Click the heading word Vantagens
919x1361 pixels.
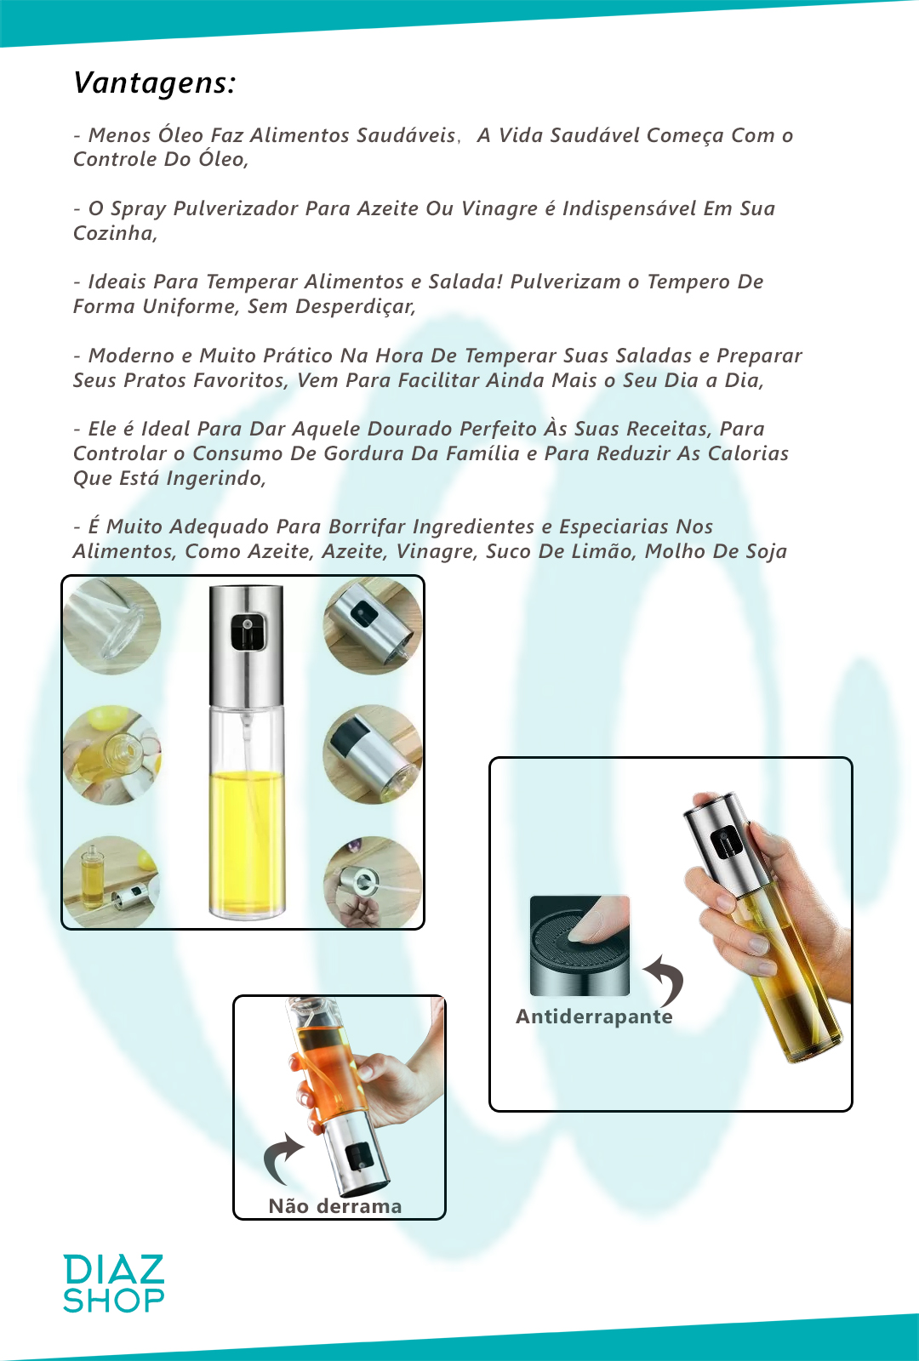pyautogui.click(x=154, y=83)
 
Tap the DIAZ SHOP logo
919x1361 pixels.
pyautogui.click(x=114, y=1283)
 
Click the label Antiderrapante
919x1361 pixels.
pyautogui.click(x=594, y=1016)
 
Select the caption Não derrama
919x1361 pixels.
pyautogui.click(x=335, y=1205)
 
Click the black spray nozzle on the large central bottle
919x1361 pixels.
pyautogui.click(x=248, y=630)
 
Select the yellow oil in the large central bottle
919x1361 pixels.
pyautogui.click(x=246, y=840)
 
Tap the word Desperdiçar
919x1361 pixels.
pyautogui.click(x=355, y=307)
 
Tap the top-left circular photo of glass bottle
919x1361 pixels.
pyautogui.click(x=111, y=626)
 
